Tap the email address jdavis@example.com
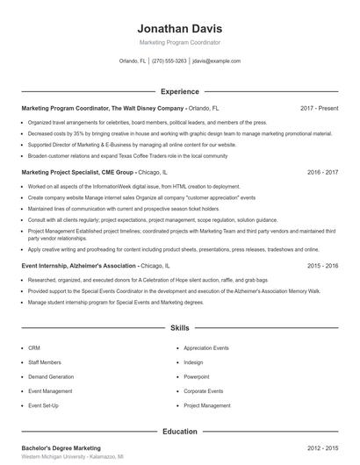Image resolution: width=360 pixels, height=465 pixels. click(216, 61)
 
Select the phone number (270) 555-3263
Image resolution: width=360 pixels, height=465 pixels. click(169, 61)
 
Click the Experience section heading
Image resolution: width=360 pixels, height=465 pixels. click(179, 91)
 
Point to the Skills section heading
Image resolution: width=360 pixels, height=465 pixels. click(179, 327)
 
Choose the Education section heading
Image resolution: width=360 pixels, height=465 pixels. click(179, 431)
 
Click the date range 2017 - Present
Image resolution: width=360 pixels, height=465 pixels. click(319, 108)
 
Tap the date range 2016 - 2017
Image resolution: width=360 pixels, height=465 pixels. click(322, 173)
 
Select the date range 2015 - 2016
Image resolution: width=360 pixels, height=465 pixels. click(322, 265)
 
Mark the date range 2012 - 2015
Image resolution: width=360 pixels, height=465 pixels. click(322, 447)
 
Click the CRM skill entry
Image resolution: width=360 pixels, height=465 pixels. click(34, 347)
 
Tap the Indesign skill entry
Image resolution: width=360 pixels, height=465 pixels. click(194, 361)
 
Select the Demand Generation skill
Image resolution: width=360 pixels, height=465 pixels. click(50, 376)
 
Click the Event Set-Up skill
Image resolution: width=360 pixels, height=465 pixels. click(44, 405)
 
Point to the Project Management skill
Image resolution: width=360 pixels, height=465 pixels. click(206, 405)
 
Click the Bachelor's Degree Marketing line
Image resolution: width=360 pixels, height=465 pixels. click(61, 447)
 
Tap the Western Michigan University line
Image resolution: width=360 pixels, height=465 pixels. click(72, 457)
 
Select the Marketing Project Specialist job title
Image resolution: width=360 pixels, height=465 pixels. click(77, 173)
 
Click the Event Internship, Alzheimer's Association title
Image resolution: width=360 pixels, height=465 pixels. click(79, 265)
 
